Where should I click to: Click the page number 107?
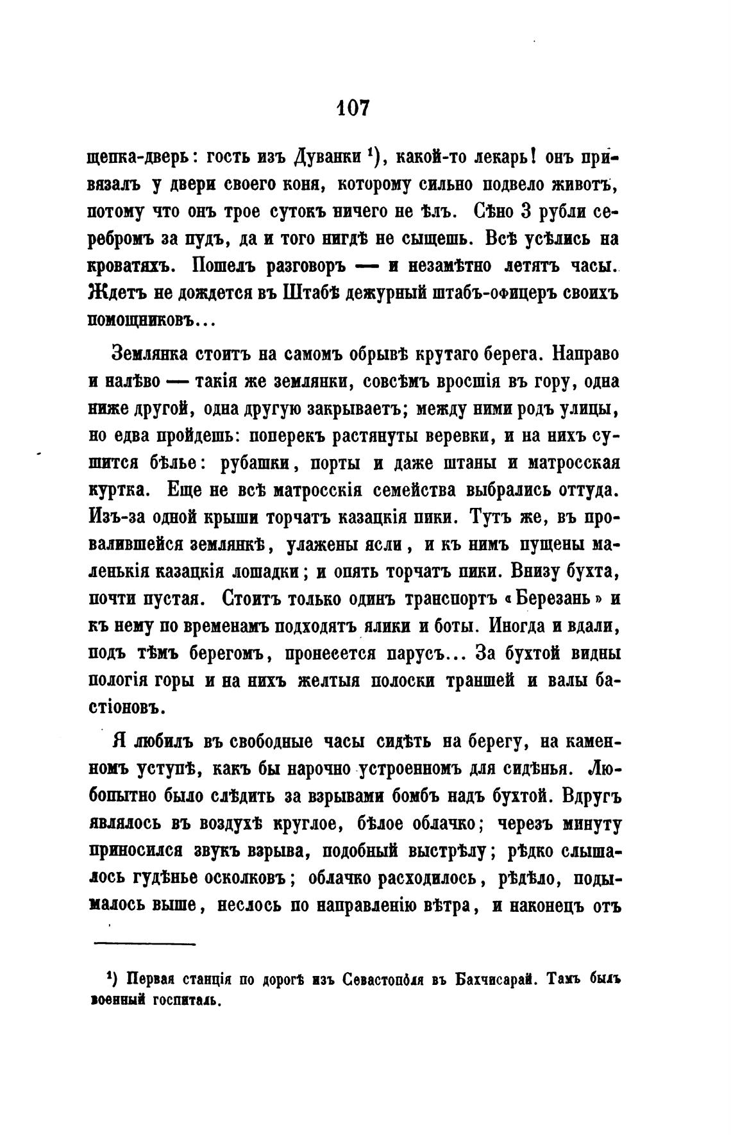352,107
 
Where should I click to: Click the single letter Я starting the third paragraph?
118,741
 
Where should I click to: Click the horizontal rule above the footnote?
144,944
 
